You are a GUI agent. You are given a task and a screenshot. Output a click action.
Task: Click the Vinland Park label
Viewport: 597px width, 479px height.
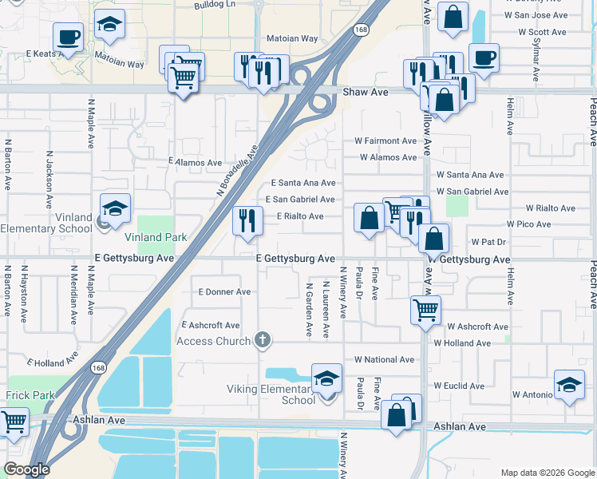pos(155,237)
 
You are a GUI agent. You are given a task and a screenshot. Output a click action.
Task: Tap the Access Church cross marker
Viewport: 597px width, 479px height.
pos(261,341)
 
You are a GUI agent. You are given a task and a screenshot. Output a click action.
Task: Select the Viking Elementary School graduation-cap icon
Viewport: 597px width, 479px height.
pos(326,379)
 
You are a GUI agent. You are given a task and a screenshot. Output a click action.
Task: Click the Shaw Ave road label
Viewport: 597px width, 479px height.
pos(366,93)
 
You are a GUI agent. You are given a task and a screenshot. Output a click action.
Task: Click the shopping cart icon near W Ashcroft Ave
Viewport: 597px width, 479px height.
pos(425,309)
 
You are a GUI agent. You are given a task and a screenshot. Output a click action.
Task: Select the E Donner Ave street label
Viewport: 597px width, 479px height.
pos(224,292)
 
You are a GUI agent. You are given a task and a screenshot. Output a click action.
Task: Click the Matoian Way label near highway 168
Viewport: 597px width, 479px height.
pos(292,38)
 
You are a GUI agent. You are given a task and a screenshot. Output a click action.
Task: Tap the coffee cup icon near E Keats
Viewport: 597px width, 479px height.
pos(68,36)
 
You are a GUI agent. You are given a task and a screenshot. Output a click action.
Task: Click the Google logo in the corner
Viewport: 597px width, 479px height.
pos(26,469)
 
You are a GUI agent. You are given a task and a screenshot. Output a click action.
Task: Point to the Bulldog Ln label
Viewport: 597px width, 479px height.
pos(215,4)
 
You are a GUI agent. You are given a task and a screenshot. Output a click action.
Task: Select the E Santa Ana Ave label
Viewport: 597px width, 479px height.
pos(302,183)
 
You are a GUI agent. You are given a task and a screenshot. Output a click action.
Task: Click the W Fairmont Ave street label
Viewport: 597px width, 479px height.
pos(385,141)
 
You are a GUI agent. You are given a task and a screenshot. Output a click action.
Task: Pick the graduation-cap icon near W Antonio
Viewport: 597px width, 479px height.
pos(569,386)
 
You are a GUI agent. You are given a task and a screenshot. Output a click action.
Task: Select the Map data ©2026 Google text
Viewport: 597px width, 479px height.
pos(548,473)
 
